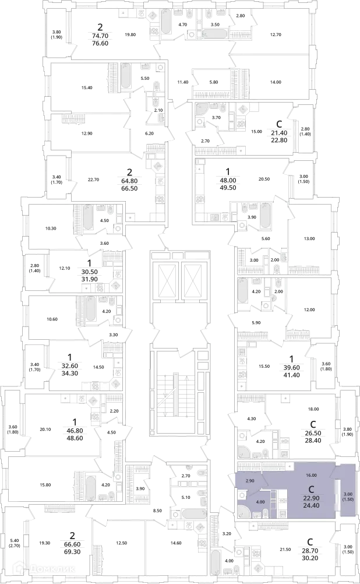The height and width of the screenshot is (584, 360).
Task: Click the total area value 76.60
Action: click(100, 43)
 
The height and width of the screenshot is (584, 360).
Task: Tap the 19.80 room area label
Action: click(130, 34)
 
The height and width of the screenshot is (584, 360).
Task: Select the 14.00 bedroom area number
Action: click(276, 82)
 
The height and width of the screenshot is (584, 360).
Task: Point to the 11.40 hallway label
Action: click(183, 82)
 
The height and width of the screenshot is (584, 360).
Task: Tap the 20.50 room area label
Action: click(264, 179)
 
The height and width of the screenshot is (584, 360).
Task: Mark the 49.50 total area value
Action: click(228, 188)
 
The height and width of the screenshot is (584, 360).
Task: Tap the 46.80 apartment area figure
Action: click(75, 431)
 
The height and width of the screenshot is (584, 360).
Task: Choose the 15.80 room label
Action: click(45, 485)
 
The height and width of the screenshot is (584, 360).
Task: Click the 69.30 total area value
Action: click(72, 552)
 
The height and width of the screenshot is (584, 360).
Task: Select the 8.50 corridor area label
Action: click(157, 511)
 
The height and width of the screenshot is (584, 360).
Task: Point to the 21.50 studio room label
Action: click(285, 549)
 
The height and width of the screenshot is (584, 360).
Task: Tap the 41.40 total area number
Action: click(291, 375)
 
